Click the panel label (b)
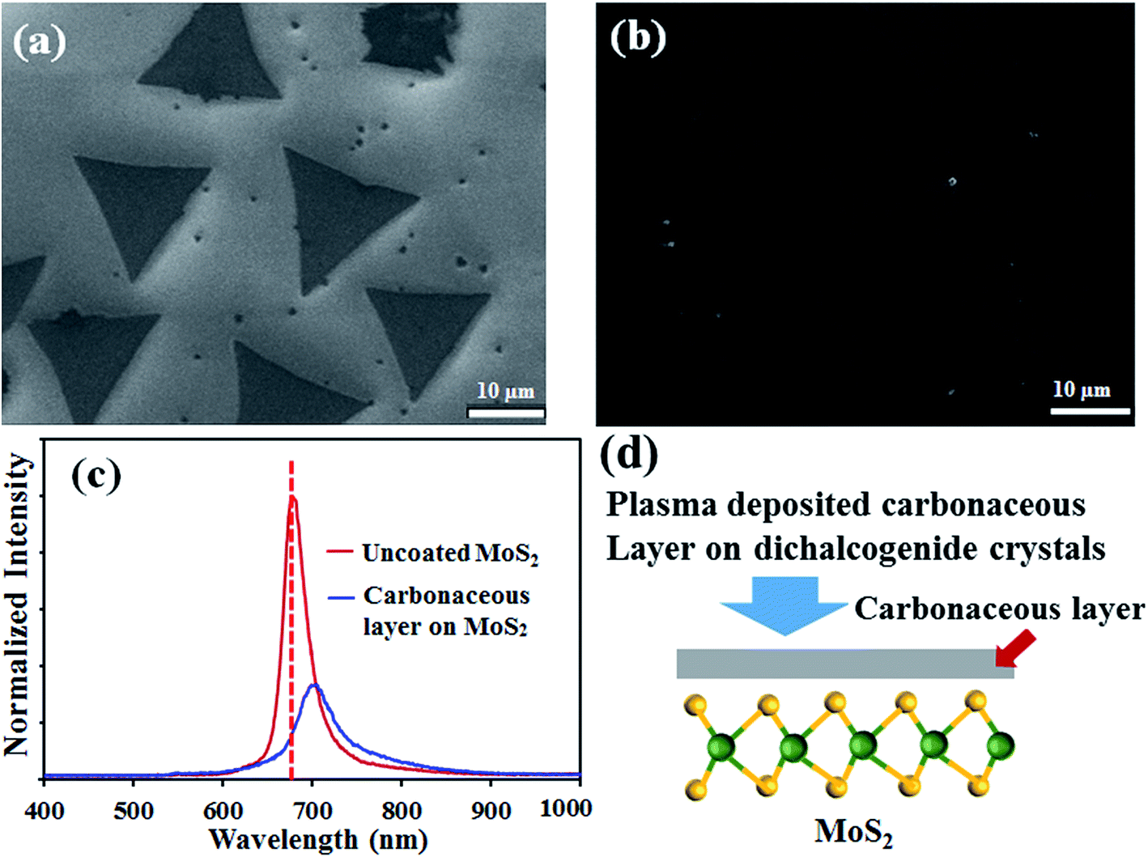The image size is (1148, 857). (x=638, y=38)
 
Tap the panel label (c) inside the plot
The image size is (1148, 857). (x=96, y=476)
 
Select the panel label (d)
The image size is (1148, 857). (x=629, y=455)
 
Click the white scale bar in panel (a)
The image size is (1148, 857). (x=506, y=413)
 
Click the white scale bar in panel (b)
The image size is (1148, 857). (x=1090, y=411)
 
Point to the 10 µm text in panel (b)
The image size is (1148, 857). (x=1082, y=389)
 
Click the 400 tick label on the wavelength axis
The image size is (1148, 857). (x=45, y=810)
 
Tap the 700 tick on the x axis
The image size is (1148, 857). (x=313, y=810)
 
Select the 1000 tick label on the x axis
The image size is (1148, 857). (x=566, y=808)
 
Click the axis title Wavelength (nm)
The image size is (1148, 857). (x=317, y=839)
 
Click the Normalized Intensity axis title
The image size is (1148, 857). (x=16, y=605)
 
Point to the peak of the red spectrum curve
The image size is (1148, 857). (x=293, y=498)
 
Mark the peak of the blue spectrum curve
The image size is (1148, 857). (x=315, y=685)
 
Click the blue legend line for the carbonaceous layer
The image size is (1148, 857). (x=341, y=597)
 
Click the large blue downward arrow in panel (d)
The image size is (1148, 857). (x=784, y=604)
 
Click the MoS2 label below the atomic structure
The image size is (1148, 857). (x=853, y=832)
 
